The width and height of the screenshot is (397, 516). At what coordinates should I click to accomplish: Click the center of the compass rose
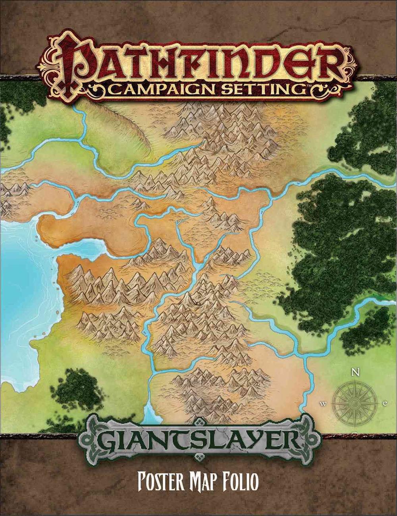click(355, 402)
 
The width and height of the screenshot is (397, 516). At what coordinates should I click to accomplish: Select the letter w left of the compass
click(324, 404)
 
